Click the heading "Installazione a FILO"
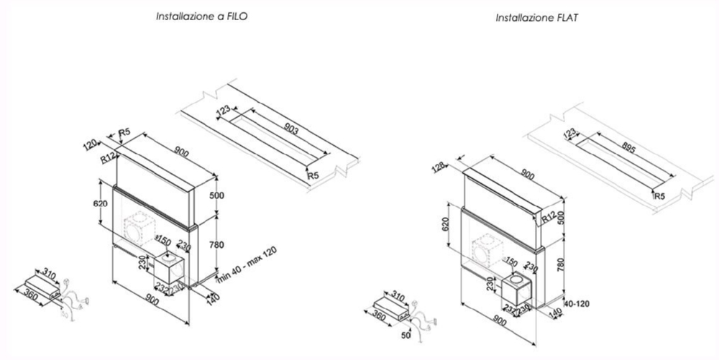pyautogui.click(x=202, y=15)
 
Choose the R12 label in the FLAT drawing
pyautogui.click(x=550, y=215)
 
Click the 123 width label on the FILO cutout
pyautogui.click(x=224, y=111)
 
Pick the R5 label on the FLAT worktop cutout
pyautogui.click(x=658, y=195)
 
